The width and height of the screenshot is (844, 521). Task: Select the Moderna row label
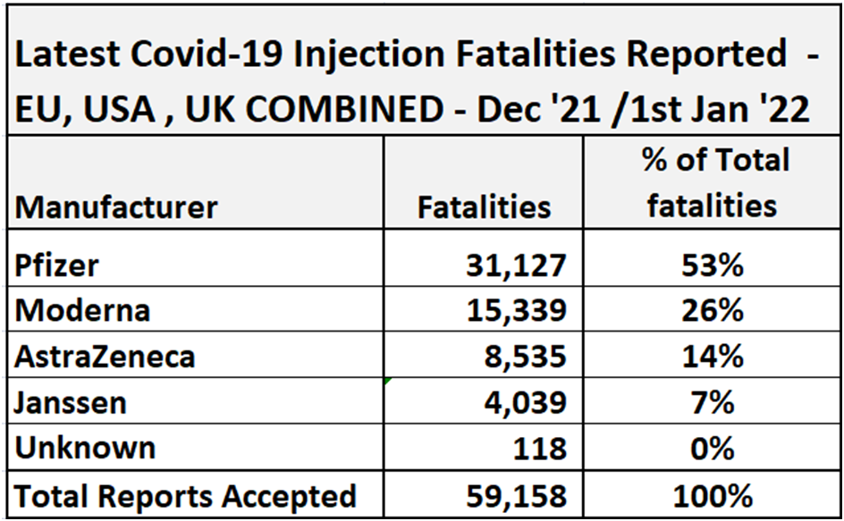click(x=82, y=310)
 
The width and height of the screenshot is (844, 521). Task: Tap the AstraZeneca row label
click(x=105, y=356)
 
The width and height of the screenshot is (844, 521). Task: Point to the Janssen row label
click(x=71, y=401)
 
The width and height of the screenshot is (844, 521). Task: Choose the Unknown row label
click(x=85, y=447)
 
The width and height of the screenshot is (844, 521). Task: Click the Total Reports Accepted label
click(x=185, y=494)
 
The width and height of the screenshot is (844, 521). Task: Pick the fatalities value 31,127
click(x=516, y=265)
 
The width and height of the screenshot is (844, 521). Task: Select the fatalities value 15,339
click(x=516, y=310)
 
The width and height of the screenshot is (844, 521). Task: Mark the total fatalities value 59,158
click(x=516, y=494)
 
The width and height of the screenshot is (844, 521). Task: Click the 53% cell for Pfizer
click(x=713, y=265)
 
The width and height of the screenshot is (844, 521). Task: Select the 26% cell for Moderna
click(x=713, y=310)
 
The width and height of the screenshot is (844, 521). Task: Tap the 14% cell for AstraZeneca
click(x=713, y=356)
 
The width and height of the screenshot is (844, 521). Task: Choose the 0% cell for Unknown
click(x=713, y=447)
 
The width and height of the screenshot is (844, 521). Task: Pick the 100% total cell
click(x=713, y=494)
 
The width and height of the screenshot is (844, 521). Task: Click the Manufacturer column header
click(x=116, y=207)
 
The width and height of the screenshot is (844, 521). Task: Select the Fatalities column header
click(x=484, y=207)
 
